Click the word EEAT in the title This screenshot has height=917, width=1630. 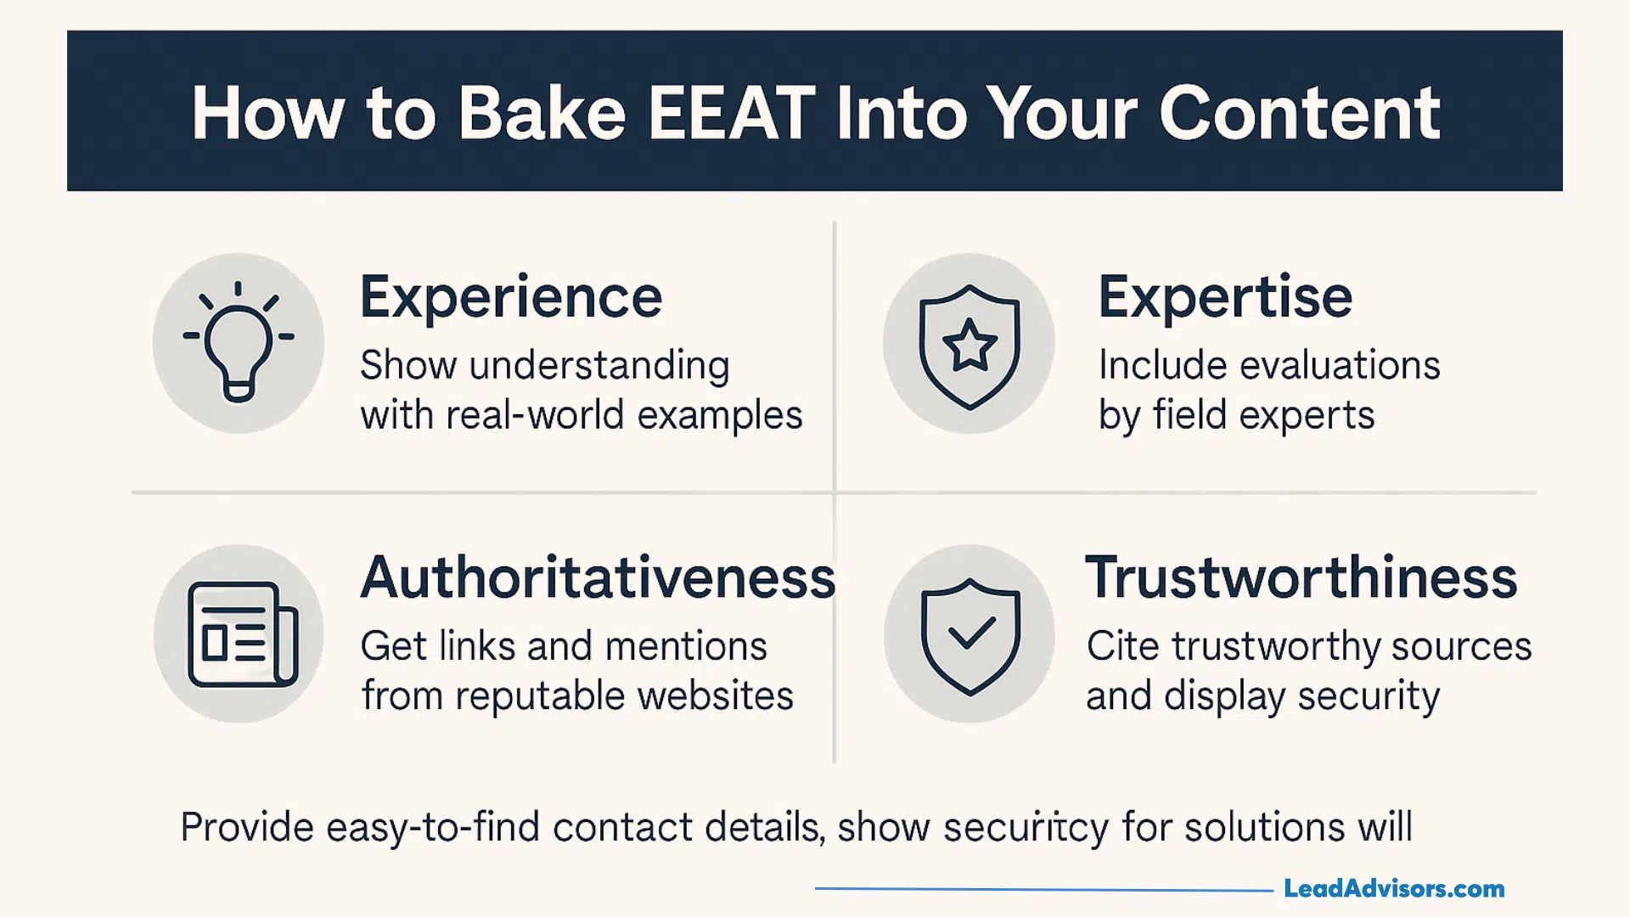coord(731,113)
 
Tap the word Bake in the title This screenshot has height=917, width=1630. coord(542,113)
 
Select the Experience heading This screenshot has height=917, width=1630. coord(510,297)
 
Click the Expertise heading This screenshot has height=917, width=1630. coord(1225,297)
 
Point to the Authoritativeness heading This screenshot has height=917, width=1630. coord(598,577)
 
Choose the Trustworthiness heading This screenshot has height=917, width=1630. coord(1301,577)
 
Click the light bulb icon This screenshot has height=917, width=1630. coord(239,344)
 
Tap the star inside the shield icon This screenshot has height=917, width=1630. coord(969,346)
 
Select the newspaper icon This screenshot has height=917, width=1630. coord(242,634)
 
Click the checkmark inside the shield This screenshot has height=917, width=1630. coord(970,633)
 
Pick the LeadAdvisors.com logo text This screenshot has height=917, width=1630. coord(1394,889)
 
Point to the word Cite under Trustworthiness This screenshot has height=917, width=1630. coord(1122,646)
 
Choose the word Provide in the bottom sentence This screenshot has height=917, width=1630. coord(247,827)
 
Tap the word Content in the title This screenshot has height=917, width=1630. coord(1299,113)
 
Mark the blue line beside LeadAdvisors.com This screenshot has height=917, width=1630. coord(1044,889)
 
